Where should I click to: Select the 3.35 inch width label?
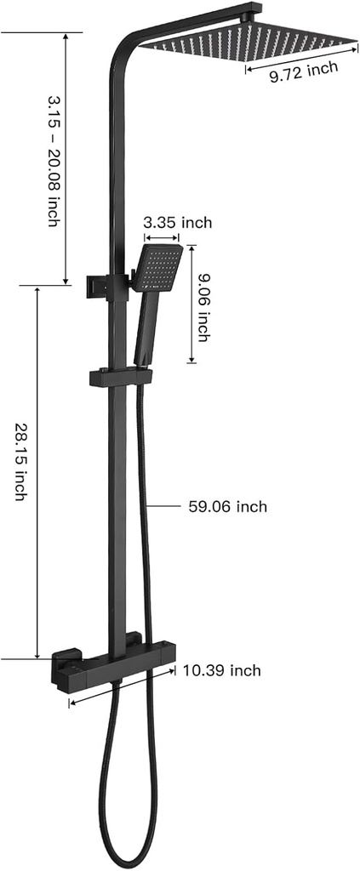click(x=177, y=223)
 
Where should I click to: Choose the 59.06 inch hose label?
click(x=227, y=507)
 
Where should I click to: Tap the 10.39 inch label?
click(x=221, y=671)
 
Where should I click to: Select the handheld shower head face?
click(x=157, y=267)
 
